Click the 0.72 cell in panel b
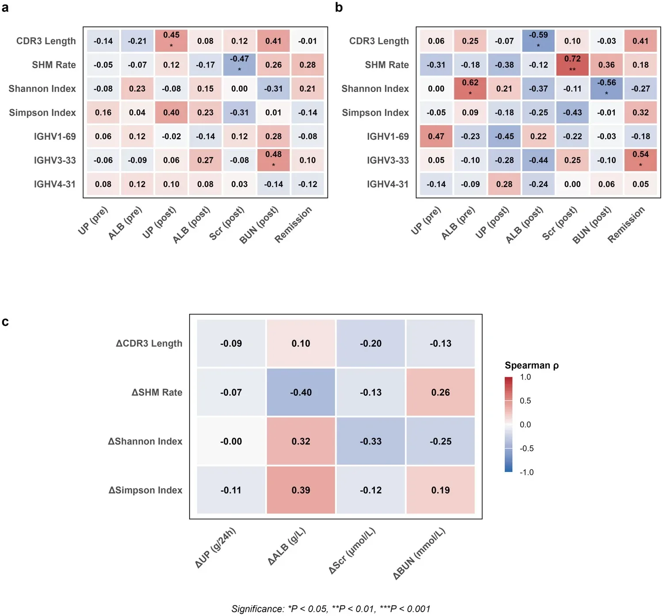(x=572, y=65)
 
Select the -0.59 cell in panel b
(x=538, y=41)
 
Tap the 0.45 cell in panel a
(x=171, y=41)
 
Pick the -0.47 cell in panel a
(x=240, y=65)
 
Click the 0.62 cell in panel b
(x=470, y=88)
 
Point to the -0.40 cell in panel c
(x=301, y=392)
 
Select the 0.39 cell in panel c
(x=301, y=490)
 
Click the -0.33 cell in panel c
(x=370, y=441)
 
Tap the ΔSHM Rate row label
(x=157, y=392)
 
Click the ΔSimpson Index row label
(x=145, y=490)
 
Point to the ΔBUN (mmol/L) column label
(x=419, y=554)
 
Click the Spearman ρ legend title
(x=531, y=365)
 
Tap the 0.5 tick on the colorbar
(x=525, y=401)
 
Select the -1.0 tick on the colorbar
(x=526, y=472)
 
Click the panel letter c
(x=5, y=321)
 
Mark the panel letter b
(x=339, y=7)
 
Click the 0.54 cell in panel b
(x=640, y=160)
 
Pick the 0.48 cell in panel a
(x=274, y=160)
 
